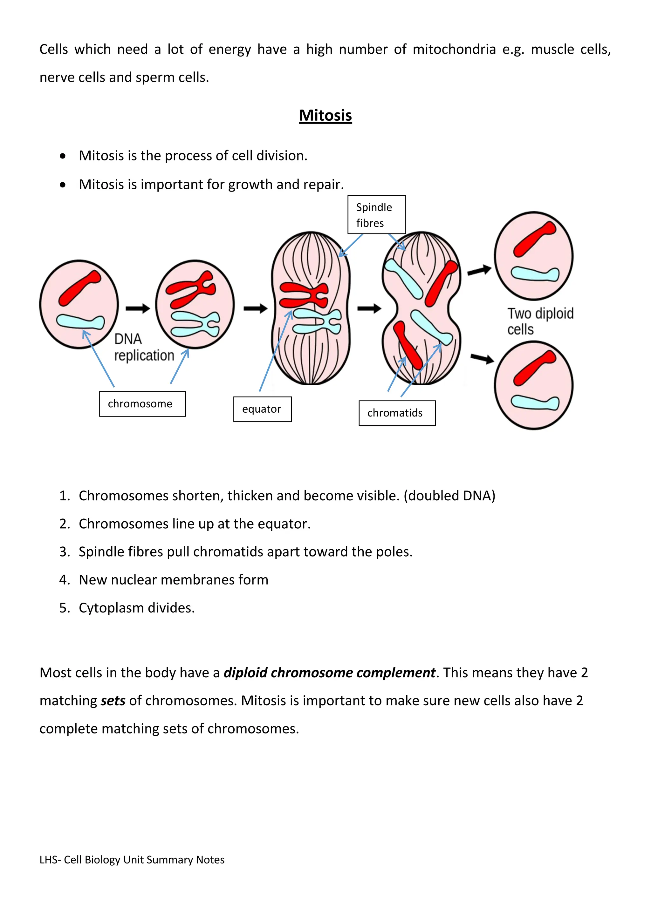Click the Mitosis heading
point(325,115)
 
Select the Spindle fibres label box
point(376,215)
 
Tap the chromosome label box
point(142,403)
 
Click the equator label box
point(262,409)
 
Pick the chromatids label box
point(396,413)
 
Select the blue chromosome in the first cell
point(80,322)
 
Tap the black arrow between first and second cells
point(138,308)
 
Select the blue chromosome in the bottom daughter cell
point(534,402)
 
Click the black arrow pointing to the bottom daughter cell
point(482,358)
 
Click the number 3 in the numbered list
point(64,552)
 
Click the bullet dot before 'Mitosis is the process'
point(63,156)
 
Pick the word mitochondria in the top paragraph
point(454,49)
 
